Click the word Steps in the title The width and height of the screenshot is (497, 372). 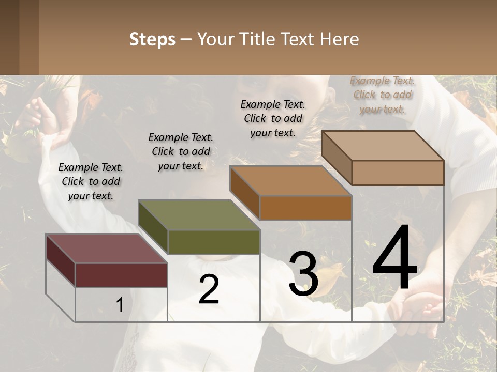[152, 39]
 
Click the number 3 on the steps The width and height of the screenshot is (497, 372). [303, 274]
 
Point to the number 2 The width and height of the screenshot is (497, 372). [209, 290]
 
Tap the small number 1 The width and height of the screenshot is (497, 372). [120, 305]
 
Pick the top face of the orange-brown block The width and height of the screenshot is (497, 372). [290, 181]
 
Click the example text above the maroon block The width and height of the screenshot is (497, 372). [91, 182]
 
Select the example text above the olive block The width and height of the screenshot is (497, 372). [181, 152]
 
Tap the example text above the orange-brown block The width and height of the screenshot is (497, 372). [273, 118]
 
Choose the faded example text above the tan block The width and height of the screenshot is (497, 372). [382, 95]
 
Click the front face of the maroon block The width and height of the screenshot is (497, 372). [121, 275]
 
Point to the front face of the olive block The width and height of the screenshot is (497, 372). [213, 242]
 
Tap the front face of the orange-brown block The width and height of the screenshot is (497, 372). [305, 208]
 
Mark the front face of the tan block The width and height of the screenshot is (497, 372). [398, 173]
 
